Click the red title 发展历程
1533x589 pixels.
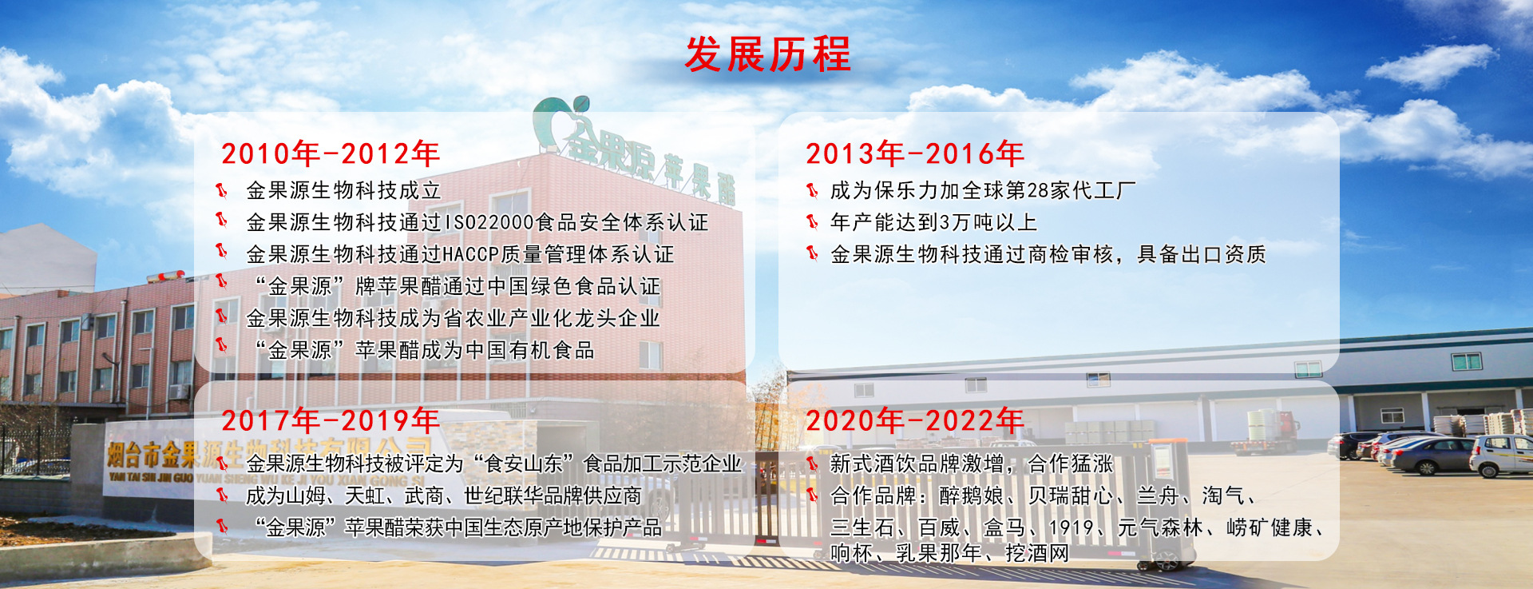coord(768,54)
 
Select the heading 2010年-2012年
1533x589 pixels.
coord(331,153)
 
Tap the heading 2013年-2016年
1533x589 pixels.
coord(915,153)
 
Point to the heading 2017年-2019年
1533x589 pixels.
coord(331,420)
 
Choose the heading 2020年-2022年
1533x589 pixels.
coord(915,420)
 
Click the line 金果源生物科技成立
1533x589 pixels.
coord(343,190)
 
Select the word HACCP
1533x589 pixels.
coord(471,254)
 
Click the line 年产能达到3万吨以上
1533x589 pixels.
coord(933,222)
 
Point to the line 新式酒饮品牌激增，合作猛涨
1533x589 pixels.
coord(972,464)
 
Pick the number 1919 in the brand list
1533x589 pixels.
coord(1071,528)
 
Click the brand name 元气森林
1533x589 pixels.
coord(1160,528)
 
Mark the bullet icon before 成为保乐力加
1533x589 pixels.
coord(812,190)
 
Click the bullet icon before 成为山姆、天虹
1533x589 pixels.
coord(223,495)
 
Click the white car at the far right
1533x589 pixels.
coord(1501,455)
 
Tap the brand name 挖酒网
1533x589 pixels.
coord(1036,552)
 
